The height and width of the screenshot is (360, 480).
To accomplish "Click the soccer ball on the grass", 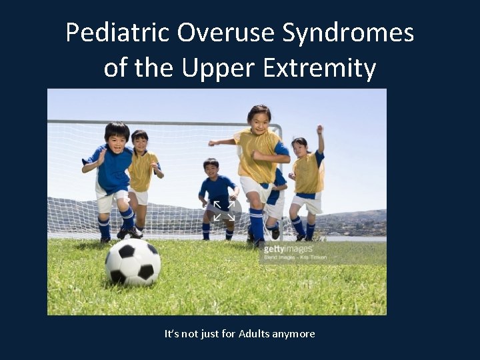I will click(133, 262).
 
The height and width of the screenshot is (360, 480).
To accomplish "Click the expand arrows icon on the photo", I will click(224, 210).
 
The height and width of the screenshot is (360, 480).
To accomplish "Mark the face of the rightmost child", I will click(299, 147).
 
